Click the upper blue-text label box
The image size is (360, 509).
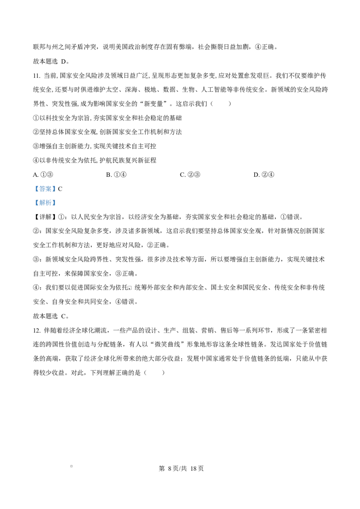[45, 189]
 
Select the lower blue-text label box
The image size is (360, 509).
[45, 203]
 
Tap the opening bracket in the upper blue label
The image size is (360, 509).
[36, 189]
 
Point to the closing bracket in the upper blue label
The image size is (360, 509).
[54, 189]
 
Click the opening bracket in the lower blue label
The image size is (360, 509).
[36, 203]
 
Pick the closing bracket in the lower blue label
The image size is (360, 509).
[54, 203]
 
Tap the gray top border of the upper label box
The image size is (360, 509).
[45, 184]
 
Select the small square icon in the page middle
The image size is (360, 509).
[130, 288]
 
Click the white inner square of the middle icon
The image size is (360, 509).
[130, 287]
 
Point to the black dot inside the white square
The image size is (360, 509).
[130, 288]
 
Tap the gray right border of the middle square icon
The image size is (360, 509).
[133, 288]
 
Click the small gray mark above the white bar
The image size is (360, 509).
[72, 466]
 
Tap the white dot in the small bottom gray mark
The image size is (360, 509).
[71, 466]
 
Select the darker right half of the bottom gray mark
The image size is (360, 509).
[74, 466]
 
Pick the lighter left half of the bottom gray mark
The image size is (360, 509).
[69, 466]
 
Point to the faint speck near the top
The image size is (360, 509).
[245, 45]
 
